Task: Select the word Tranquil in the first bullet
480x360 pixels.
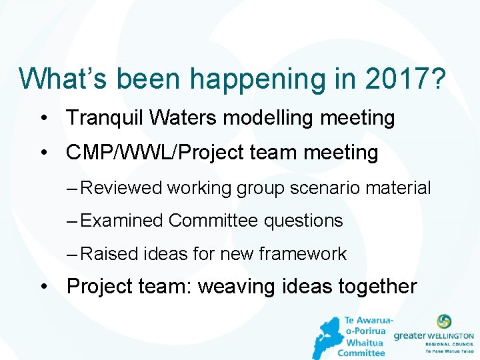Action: [x=105, y=118]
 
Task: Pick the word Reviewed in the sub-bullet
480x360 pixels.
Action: [x=121, y=188]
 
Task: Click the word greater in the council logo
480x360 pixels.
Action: [x=409, y=337]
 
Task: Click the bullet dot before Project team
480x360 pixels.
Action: [x=43, y=287]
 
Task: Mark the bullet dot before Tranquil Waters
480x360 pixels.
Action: [x=43, y=118]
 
